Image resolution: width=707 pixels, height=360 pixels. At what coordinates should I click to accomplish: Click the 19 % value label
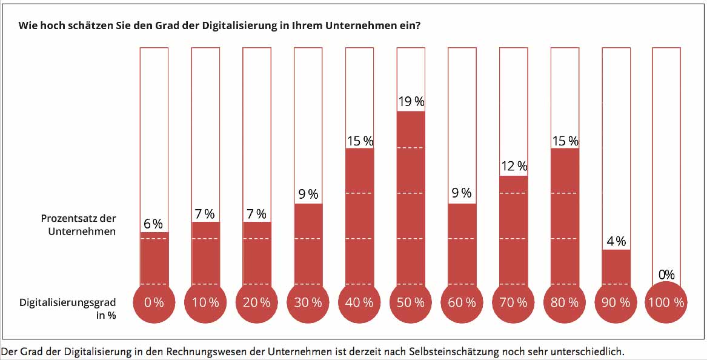(x=411, y=102)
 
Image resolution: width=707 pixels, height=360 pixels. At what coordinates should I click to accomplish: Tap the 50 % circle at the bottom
(x=411, y=302)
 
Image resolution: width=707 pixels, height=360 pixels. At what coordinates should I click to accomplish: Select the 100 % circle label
(x=666, y=302)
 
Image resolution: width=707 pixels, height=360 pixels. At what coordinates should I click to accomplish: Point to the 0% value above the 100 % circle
(x=666, y=275)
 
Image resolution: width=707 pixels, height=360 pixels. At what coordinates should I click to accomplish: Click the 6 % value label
(x=153, y=224)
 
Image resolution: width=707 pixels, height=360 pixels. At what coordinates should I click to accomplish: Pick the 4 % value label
(x=616, y=241)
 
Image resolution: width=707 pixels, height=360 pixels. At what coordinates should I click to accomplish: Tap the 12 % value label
(x=513, y=166)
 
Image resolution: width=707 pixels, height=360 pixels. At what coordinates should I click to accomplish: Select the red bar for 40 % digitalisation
(x=359, y=215)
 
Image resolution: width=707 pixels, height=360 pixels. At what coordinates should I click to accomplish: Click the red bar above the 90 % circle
(x=616, y=267)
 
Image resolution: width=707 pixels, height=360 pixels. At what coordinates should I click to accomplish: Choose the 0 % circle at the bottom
(x=154, y=302)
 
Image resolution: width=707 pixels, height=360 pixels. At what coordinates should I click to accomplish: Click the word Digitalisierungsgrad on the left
(x=67, y=302)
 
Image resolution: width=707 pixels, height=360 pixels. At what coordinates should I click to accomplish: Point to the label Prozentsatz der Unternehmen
(x=79, y=224)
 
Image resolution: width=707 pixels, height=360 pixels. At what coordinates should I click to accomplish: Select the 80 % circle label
(x=565, y=302)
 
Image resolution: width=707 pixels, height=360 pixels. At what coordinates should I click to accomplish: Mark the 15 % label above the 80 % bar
(x=565, y=141)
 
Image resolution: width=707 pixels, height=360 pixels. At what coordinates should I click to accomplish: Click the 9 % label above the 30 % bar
(x=308, y=194)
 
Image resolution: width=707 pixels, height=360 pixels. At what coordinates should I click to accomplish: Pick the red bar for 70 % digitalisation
(x=513, y=230)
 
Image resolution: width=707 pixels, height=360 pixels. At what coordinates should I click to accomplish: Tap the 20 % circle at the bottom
(x=257, y=302)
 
